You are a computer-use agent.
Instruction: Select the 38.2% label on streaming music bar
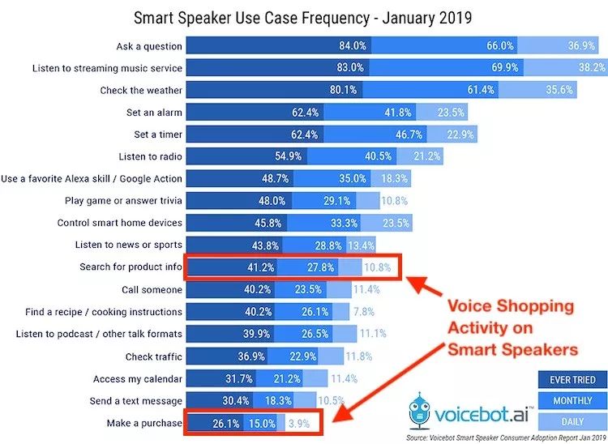589,68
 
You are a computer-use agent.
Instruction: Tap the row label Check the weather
141,90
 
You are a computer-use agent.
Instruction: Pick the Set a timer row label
158,134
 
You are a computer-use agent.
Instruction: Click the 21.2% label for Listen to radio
426,156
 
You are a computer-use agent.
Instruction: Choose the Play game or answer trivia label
123,200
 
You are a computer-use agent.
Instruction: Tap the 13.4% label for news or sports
362,245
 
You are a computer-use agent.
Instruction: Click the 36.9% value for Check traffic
229,356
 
